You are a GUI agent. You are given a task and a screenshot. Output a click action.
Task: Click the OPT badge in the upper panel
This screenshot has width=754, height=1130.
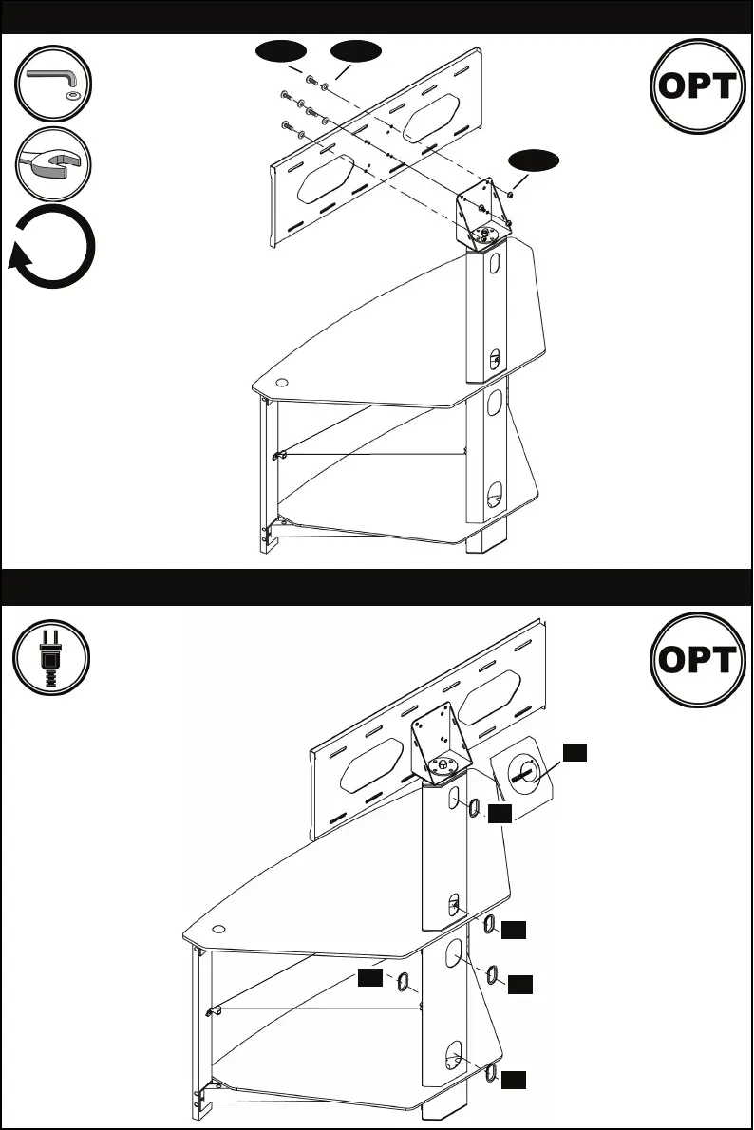696,86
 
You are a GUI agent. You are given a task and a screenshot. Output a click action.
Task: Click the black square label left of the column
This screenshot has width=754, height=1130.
371,976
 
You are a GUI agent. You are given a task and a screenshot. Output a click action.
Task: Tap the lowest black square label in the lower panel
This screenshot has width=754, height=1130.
514,1080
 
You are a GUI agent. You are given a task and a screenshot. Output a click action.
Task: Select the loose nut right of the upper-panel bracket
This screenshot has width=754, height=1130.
510,195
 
